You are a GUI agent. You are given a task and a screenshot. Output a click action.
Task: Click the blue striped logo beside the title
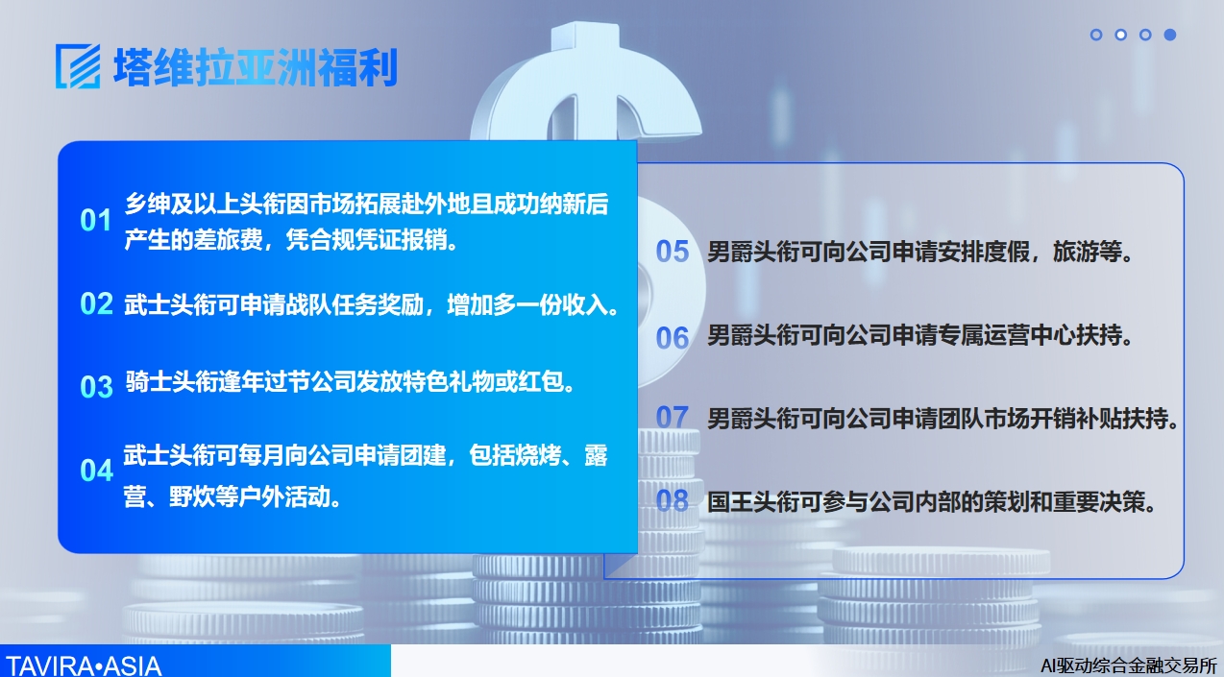point(78,66)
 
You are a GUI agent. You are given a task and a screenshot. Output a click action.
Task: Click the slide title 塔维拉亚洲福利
point(256,67)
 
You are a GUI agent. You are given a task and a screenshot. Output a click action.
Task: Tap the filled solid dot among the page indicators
point(1170,35)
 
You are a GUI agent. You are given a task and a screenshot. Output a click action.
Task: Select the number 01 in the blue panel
point(96,220)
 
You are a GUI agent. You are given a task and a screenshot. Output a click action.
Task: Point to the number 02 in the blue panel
point(96,303)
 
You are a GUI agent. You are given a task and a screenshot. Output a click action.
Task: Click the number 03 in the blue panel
point(96,387)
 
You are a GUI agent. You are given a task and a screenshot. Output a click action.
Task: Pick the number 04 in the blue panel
point(96,471)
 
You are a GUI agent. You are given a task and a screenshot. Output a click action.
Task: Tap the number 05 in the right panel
point(673,252)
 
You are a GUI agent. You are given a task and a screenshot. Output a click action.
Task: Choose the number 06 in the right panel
point(673,338)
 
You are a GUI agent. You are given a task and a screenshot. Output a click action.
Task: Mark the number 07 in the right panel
point(673,418)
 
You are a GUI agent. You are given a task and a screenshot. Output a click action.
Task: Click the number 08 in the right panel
point(673,500)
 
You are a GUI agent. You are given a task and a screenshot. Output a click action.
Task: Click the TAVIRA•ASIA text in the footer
point(83,666)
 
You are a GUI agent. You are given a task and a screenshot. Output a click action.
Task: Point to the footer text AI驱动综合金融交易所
point(1129,665)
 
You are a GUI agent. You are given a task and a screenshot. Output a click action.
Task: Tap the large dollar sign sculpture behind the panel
point(586,82)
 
